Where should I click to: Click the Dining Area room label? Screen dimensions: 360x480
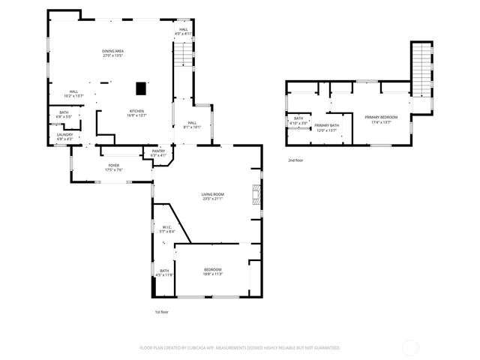pyautogui.click(x=112, y=51)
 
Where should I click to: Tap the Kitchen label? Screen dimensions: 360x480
pyautogui.click(x=137, y=111)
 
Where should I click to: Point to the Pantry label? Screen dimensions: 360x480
pyautogui.click(x=158, y=151)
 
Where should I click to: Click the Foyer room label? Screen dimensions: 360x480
pyautogui.click(x=114, y=166)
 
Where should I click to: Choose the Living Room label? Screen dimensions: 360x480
pyautogui.click(x=212, y=194)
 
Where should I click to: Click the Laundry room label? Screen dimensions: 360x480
pyautogui.click(x=65, y=134)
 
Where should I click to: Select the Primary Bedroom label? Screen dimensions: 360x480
pyautogui.click(x=381, y=117)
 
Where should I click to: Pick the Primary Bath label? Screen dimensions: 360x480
pyautogui.click(x=326, y=125)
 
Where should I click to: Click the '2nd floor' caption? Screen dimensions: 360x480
pyautogui.click(x=295, y=160)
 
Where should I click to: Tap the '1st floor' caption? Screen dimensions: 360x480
pyautogui.click(x=162, y=311)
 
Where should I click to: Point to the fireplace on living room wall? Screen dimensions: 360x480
pyautogui.click(x=257, y=194)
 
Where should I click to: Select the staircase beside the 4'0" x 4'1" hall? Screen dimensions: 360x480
pyautogui.click(x=182, y=55)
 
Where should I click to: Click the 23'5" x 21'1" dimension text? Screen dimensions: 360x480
pyautogui.click(x=212, y=199)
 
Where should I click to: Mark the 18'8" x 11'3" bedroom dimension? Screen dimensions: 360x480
pyautogui.click(x=213, y=274)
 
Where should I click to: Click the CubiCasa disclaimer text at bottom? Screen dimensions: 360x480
pyautogui.click(x=240, y=347)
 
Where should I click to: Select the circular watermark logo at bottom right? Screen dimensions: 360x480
pyautogui.click(x=411, y=347)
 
